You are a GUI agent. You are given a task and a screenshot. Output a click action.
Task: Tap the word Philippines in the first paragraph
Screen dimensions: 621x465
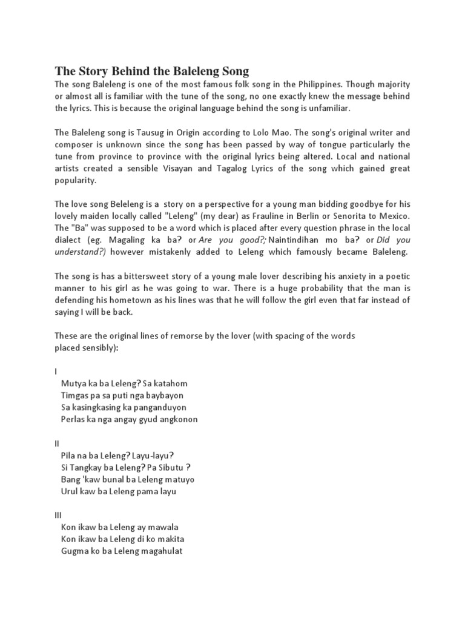click(x=295, y=84)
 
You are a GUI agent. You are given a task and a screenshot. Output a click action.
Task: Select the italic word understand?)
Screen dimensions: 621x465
click(x=79, y=252)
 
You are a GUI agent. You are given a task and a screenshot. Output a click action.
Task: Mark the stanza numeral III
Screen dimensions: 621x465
click(x=58, y=515)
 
